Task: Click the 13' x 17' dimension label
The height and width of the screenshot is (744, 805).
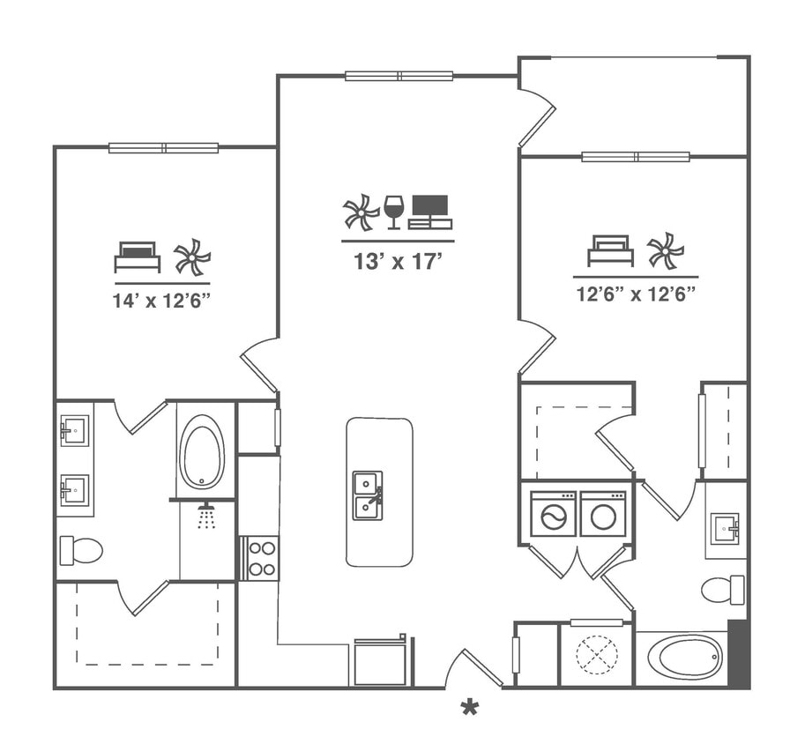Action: pyautogui.click(x=398, y=261)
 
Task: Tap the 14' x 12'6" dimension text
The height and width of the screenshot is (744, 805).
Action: pyautogui.click(x=160, y=300)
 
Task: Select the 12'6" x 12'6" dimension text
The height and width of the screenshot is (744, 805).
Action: pyautogui.click(x=636, y=294)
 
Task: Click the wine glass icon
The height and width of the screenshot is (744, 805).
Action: pyautogui.click(x=393, y=212)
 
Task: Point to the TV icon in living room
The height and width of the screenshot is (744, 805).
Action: pyautogui.click(x=430, y=212)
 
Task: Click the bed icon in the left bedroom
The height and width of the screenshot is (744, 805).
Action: pyautogui.click(x=137, y=257)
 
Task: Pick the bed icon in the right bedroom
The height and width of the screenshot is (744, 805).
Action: pyautogui.click(x=610, y=250)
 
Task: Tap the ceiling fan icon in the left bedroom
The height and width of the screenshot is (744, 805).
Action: pyautogui.click(x=192, y=257)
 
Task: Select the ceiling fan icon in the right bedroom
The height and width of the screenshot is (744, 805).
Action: pyautogui.click(x=666, y=250)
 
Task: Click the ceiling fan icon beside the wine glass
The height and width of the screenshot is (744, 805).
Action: pyautogui.click(x=361, y=212)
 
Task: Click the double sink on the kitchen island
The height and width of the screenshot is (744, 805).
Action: pyautogui.click(x=368, y=495)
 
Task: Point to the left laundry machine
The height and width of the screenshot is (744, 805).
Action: pyautogui.click(x=553, y=515)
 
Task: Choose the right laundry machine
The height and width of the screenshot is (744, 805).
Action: pyautogui.click(x=603, y=515)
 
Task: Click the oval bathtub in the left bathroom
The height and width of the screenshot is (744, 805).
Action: pyautogui.click(x=202, y=451)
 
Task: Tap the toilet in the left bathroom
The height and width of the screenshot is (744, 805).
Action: pyautogui.click(x=80, y=550)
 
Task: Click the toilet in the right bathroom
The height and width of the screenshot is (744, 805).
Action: pyautogui.click(x=722, y=589)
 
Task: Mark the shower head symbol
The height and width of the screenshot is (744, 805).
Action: pyautogui.click(x=206, y=516)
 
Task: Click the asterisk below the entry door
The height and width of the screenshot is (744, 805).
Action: pyautogui.click(x=470, y=706)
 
